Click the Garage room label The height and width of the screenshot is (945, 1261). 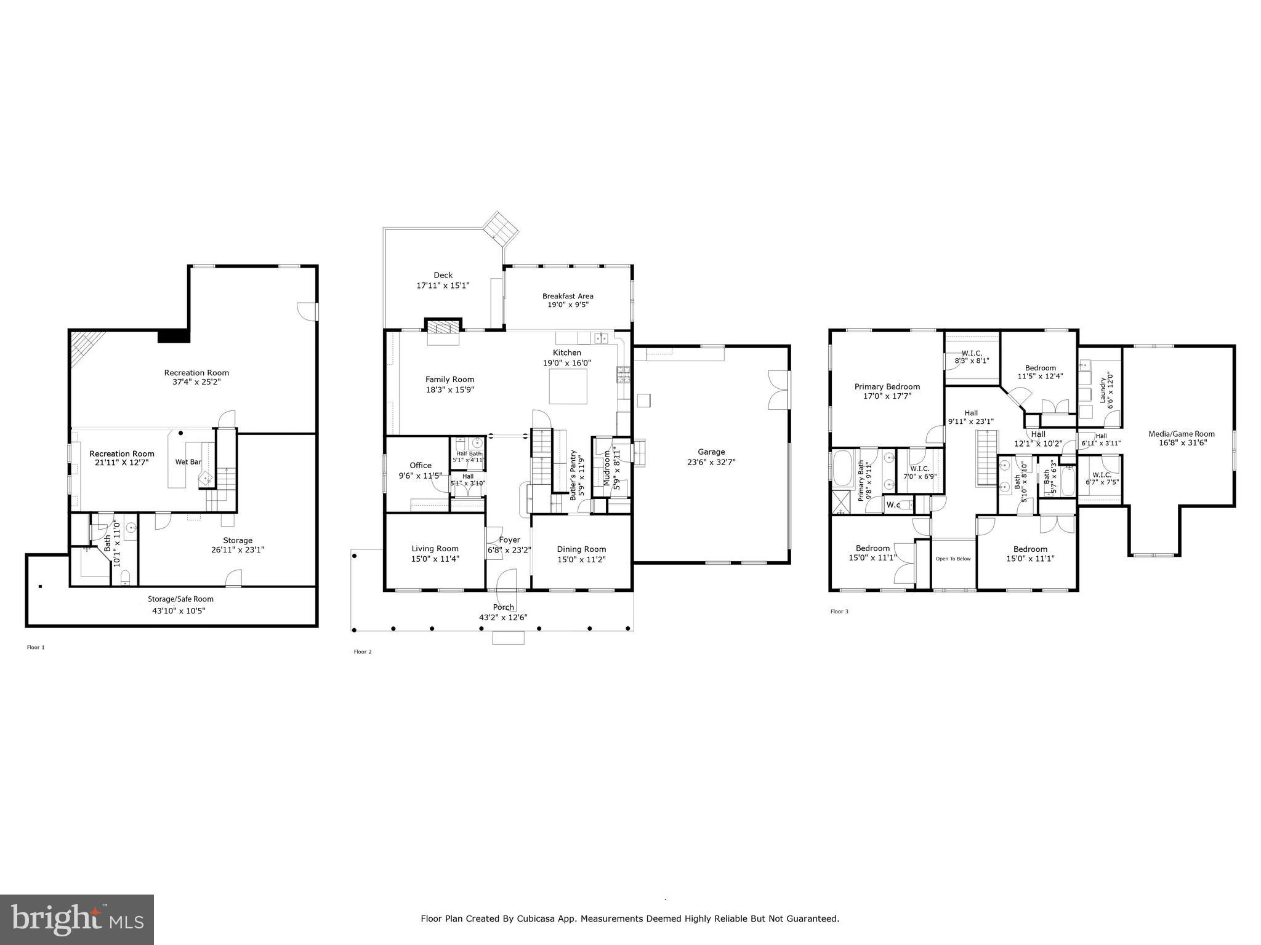[x=711, y=452]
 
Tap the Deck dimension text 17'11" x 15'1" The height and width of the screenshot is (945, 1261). [x=443, y=285]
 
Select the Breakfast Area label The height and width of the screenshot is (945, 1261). [x=568, y=296]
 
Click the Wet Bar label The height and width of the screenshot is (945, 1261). [x=188, y=462]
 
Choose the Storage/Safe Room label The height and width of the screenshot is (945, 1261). [x=180, y=599]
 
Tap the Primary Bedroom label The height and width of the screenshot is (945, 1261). [x=887, y=387]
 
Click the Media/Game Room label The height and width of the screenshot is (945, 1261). [x=1182, y=434]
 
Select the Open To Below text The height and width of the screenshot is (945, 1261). [x=953, y=559]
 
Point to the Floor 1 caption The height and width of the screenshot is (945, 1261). [x=36, y=647]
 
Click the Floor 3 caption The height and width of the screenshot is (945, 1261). [x=839, y=612]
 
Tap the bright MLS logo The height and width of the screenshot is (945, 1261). [x=77, y=919]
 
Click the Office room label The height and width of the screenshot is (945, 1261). [x=421, y=465]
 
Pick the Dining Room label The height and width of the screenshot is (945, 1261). [x=581, y=549]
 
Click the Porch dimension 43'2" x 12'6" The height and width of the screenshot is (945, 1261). [x=503, y=618]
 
